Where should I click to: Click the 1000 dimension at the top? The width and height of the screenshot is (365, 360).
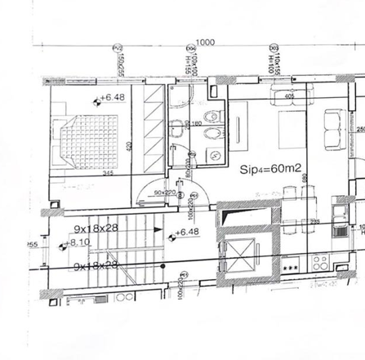(205, 42)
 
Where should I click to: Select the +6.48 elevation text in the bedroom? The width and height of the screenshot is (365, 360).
(113, 97)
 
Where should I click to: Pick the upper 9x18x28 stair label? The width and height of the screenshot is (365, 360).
(95, 229)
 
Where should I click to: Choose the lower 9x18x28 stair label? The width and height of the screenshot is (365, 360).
(95, 264)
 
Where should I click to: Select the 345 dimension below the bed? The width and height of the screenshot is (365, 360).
(83, 173)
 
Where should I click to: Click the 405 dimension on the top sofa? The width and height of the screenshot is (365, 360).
(290, 96)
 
